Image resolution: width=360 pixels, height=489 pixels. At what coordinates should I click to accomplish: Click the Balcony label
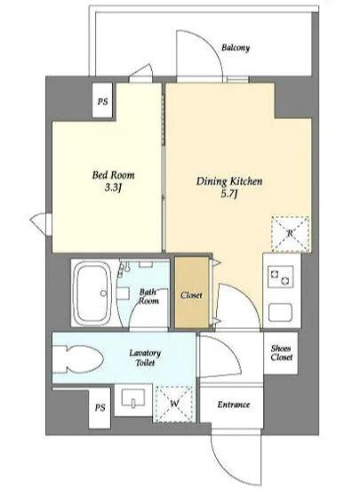click(236, 48)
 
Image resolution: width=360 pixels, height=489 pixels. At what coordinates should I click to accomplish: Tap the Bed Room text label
click(113, 174)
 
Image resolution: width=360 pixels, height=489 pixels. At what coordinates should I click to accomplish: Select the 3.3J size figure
click(113, 188)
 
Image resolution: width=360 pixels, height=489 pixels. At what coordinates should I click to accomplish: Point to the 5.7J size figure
click(229, 194)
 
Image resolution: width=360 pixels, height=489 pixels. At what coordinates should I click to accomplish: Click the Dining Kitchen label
click(229, 181)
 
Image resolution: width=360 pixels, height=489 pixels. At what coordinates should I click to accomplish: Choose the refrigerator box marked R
click(291, 233)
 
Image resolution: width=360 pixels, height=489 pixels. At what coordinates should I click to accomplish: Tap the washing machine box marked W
click(174, 404)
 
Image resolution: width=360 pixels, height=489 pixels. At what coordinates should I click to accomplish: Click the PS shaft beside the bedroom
click(102, 101)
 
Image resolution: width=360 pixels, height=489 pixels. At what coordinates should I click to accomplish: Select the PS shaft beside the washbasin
click(100, 407)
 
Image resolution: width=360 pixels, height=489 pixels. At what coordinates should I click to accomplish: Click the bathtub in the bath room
click(92, 293)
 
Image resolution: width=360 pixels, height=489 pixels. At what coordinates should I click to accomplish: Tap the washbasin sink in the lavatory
click(132, 398)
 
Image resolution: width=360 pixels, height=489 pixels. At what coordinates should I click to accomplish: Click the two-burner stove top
click(281, 277)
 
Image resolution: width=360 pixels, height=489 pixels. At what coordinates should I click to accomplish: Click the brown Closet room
click(191, 293)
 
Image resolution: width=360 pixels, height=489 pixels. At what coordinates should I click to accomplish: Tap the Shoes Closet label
click(281, 353)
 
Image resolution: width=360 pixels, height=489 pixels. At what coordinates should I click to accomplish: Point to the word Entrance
click(234, 405)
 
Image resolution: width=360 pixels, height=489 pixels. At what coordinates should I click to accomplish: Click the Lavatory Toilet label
click(145, 357)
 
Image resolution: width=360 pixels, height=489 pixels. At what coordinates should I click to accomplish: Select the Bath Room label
click(148, 297)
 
